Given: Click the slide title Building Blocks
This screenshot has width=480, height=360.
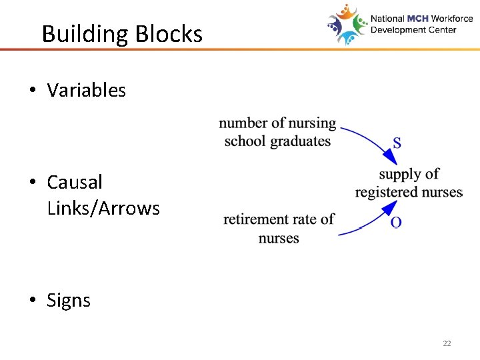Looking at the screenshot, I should [122, 33].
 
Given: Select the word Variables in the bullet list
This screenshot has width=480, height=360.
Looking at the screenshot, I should [86, 91].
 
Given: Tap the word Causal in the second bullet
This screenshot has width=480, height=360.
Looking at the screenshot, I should [75, 182].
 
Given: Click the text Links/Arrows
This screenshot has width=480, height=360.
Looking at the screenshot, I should [103, 209].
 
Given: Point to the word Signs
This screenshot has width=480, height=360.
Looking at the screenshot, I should [69, 301].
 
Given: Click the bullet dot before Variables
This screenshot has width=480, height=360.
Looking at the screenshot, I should [32, 91].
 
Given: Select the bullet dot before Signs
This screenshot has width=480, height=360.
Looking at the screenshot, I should [32, 301].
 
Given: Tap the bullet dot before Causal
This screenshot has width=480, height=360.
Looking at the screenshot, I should [32, 183].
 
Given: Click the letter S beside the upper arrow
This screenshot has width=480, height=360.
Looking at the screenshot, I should [397, 143].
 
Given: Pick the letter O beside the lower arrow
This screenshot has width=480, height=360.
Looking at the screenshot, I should [396, 222].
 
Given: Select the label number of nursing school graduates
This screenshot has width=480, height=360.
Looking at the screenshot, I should [277, 132].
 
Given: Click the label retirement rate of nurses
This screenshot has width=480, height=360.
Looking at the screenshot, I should [279, 229].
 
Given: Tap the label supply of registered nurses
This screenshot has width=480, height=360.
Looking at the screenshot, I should [409, 183].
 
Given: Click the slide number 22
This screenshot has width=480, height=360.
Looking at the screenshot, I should [447, 343].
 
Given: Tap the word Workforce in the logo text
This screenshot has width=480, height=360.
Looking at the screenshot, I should [451, 19].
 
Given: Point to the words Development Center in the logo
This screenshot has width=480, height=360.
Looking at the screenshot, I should [413, 30].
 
